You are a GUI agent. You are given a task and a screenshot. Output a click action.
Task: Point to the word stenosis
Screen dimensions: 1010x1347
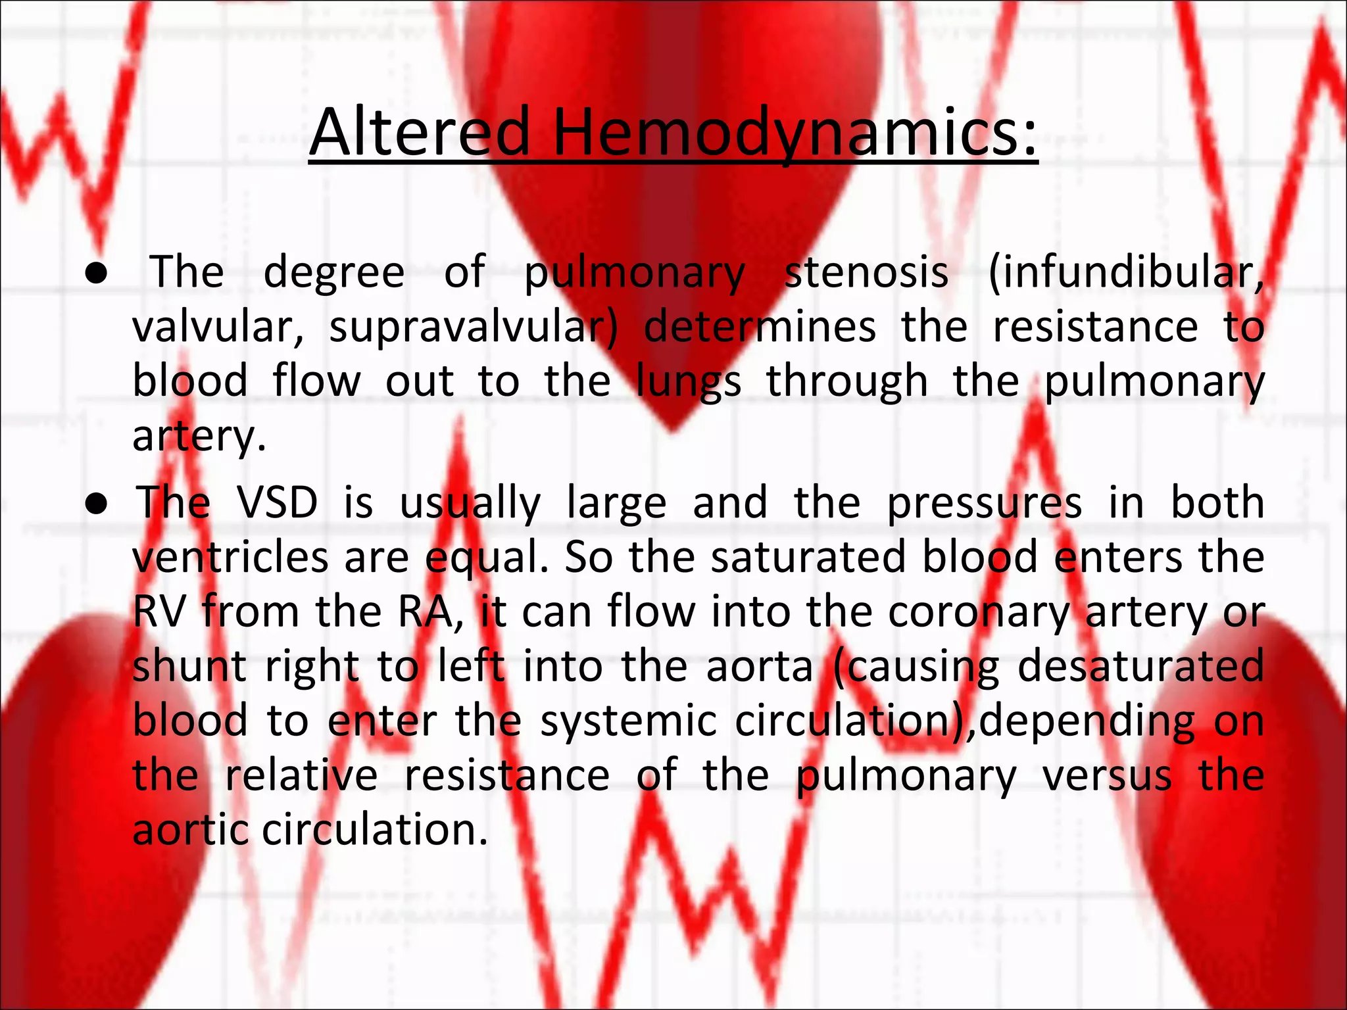click(866, 272)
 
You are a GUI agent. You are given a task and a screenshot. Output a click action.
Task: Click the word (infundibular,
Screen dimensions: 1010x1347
click(1125, 272)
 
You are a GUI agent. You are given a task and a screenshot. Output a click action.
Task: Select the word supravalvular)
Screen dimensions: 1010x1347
click(474, 327)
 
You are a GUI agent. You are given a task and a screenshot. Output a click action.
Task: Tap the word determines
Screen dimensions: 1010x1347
click(759, 327)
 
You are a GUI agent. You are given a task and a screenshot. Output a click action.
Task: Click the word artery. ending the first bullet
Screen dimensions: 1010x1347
click(199, 437)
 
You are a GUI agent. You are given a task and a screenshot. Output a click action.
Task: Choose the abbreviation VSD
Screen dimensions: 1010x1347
click(278, 503)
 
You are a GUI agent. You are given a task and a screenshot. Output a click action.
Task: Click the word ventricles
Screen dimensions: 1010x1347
click(230, 558)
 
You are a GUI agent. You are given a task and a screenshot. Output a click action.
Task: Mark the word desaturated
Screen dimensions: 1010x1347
click(1140, 667)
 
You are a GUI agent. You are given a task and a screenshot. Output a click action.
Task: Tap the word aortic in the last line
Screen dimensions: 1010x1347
click(190, 830)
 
